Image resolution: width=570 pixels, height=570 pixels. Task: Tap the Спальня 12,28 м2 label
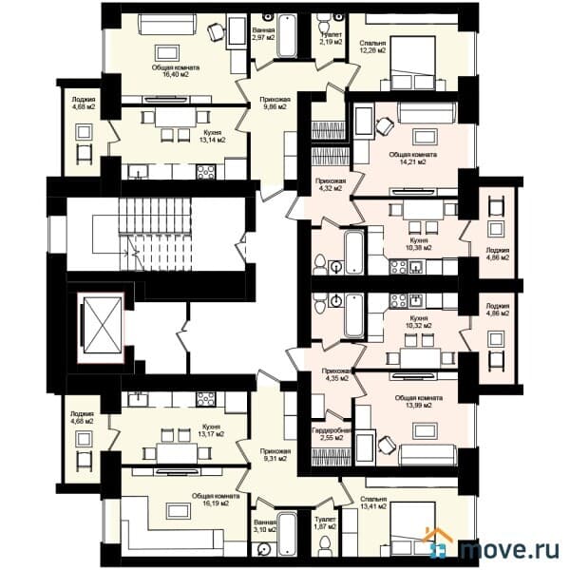372,47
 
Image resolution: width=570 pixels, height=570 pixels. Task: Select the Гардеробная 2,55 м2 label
332,436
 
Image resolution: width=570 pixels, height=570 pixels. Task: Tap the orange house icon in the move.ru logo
440,545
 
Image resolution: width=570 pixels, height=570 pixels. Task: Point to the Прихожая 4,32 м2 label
330,184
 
